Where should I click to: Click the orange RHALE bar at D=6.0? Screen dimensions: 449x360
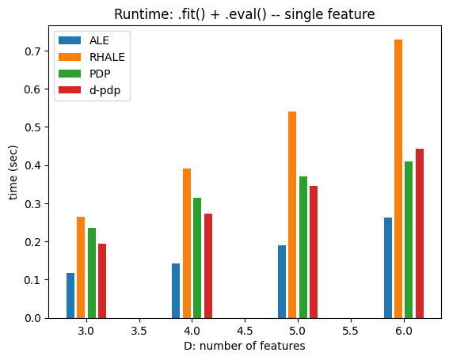click(x=398, y=179)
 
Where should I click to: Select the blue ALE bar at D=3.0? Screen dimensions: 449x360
click(x=70, y=296)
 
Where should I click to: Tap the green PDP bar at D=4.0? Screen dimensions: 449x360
click(x=197, y=258)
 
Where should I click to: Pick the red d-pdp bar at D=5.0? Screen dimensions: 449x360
click(x=314, y=252)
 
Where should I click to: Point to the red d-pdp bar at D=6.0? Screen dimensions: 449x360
click(x=420, y=233)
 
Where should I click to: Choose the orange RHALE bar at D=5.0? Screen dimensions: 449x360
click(x=292, y=215)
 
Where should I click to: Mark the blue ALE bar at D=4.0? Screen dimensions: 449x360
click(x=176, y=290)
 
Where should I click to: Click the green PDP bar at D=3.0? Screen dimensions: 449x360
click(x=92, y=273)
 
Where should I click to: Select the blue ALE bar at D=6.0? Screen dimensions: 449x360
click(x=388, y=268)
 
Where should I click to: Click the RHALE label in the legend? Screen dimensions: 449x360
click(x=107, y=57)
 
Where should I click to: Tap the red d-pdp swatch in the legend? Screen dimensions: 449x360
click(x=70, y=90)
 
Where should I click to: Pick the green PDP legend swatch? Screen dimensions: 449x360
click(x=70, y=74)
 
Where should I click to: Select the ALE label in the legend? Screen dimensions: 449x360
click(x=99, y=40)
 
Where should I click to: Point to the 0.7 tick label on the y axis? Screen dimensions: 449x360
click(x=33, y=51)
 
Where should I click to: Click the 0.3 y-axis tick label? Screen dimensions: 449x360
click(x=33, y=204)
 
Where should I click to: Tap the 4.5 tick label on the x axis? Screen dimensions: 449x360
click(x=245, y=331)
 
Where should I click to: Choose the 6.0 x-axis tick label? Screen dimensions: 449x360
click(x=404, y=331)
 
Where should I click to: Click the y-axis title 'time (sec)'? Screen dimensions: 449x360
click(x=13, y=172)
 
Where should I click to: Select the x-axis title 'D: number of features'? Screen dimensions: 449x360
click(x=245, y=346)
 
